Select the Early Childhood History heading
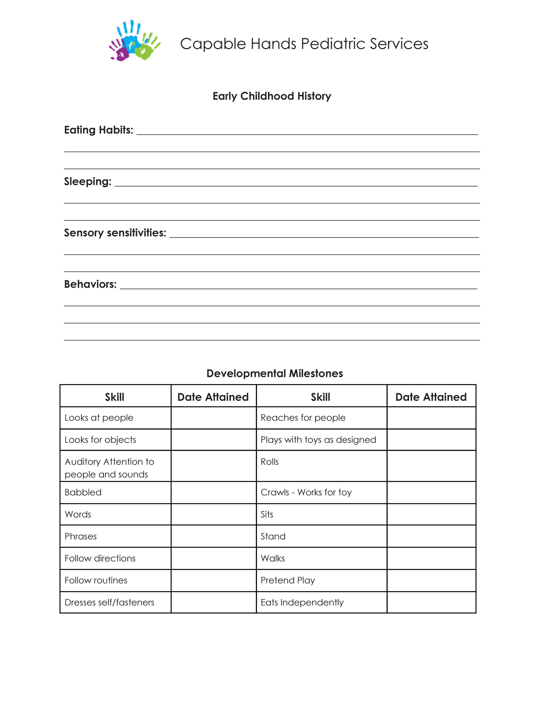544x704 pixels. [x=272, y=96]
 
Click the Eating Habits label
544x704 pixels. [x=99, y=130]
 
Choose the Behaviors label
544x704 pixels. [x=90, y=284]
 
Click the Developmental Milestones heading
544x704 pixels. [x=275, y=373]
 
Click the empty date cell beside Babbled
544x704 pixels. [x=213, y=492]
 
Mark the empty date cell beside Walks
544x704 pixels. [x=431, y=558]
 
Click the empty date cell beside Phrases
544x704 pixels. [x=213, y=536]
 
